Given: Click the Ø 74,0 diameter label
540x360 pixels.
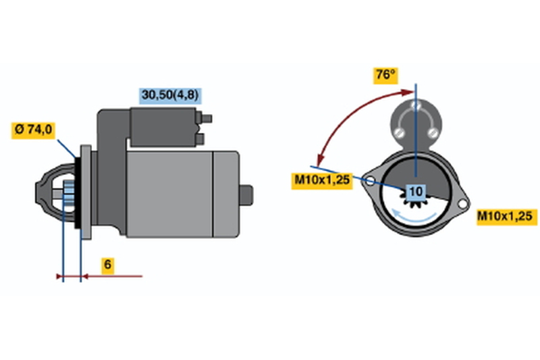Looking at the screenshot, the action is tap(33, 130).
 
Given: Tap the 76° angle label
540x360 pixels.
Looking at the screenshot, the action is tap(385, 76).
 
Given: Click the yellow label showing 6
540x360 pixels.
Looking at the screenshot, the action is tap(108, 265).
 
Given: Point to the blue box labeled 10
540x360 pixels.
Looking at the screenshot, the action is tap(416, 192).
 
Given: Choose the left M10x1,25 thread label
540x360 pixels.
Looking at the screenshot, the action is tap(322, 180).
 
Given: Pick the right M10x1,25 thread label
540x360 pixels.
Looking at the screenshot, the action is tap(507, 217).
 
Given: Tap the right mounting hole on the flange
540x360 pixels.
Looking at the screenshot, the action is tap(462, 204).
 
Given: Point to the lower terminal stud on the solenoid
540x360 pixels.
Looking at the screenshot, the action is tap(200, 139).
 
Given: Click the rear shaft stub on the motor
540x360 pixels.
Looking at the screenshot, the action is tap(246, 195).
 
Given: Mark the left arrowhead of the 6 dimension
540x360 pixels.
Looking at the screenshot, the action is tap(59, 276).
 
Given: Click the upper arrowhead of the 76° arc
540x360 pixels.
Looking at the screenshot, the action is tap(408, 92).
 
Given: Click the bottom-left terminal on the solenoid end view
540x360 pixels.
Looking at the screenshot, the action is tap(399, 132).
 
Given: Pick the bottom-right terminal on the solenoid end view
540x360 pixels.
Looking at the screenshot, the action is tap(432, 132).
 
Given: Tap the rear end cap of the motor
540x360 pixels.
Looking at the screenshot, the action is tap(226, 195).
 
